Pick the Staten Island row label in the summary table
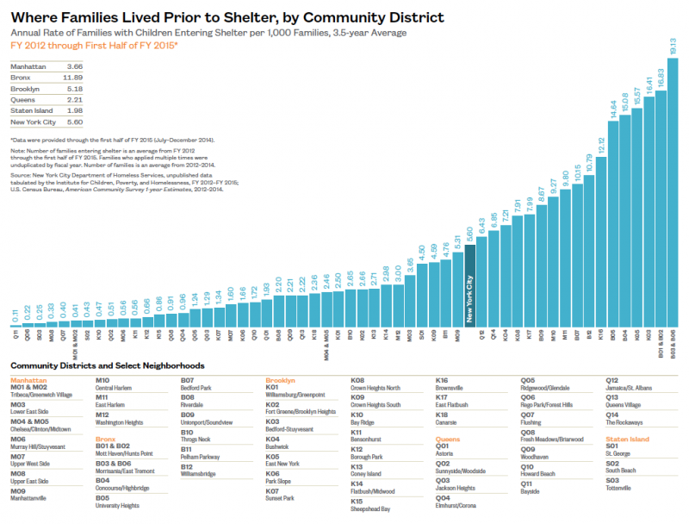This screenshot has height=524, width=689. pos(32,110)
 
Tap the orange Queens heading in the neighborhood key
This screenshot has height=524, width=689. pos(450,440)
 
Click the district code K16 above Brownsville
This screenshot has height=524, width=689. pos(442,379)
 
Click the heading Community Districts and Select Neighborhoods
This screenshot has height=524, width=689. pos(107,365)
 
